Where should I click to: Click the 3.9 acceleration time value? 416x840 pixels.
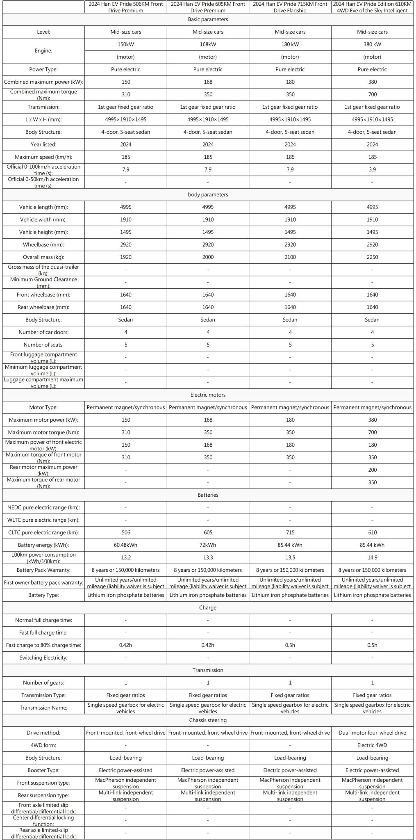click(x=372, y=169)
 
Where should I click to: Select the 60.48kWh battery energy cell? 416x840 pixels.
click(x=126, y=545)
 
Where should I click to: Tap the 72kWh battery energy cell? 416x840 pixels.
click(x=208, y=545)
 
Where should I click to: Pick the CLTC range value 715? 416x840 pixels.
click(x=290, y=532)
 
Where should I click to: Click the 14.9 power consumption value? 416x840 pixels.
click(x=372, y=557)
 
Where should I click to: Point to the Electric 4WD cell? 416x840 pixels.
click(x=372, y=745)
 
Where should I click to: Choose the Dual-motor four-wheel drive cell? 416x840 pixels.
click(x=372, y=733)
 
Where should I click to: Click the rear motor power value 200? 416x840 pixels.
click(x=372, y=470)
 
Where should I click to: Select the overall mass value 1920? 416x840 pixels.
click(x=126, y=257)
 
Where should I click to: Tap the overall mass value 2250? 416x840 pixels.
click(x=372, y=257)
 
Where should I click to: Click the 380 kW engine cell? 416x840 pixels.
click(x=372, y=44)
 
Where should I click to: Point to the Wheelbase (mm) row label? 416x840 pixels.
click(x=43, y=244)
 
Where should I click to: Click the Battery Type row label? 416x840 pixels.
click(x=43, y=595)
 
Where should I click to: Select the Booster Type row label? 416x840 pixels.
click(x=43, y=770)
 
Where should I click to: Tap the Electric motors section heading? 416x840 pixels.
click(x=208, y=395)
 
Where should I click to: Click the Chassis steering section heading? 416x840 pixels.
click(x=208, y=720)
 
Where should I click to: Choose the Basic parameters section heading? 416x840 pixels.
click(x=208, y=19)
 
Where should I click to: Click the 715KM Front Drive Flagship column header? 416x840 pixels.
click(x=290, y=7)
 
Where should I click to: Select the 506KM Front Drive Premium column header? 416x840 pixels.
click(x=126, y=7)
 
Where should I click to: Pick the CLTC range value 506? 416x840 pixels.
click(x=126, y=532)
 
